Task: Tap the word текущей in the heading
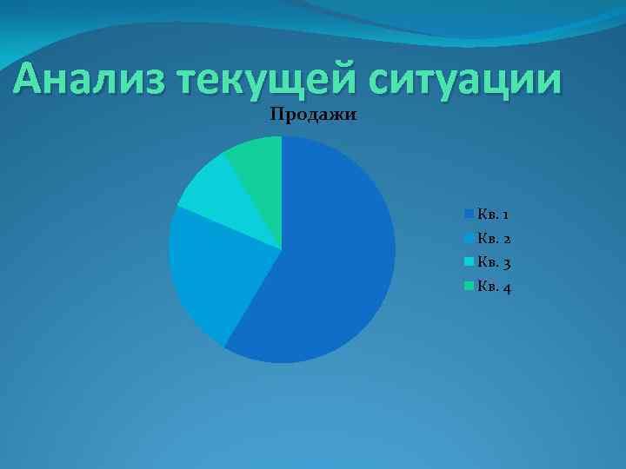[266, 83]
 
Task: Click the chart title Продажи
[314, 115]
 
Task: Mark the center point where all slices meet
[282, 249]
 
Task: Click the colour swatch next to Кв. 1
[469, 213]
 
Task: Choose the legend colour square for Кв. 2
[469, 237]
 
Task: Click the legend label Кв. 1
[493, 214]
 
